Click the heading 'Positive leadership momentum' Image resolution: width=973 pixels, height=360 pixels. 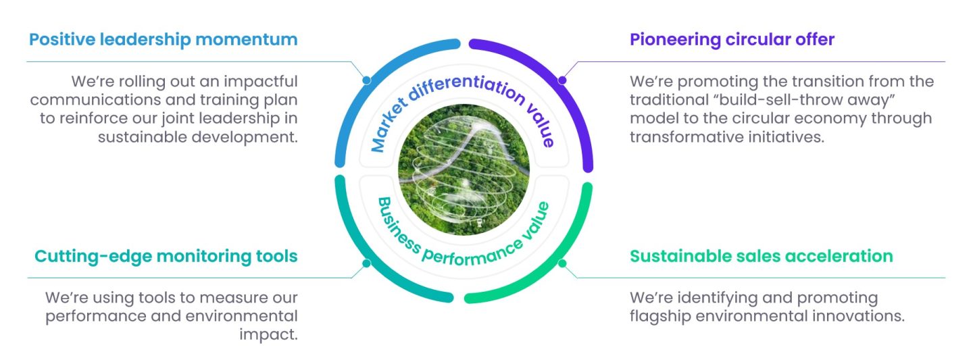click(x=163, y=39)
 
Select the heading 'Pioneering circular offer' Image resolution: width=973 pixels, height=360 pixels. click(x=732, y=39)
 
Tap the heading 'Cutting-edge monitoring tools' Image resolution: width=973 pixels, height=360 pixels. click(x=166, y=256)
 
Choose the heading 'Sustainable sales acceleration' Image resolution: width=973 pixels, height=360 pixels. click(x=762, y=256)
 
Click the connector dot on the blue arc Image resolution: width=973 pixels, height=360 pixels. click(x=366, y=80)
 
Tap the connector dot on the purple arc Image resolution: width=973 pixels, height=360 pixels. click(x=562, y=80)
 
